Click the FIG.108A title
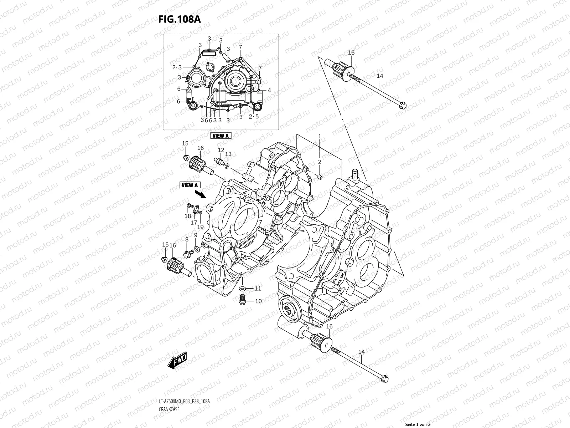179,19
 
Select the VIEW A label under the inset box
221,136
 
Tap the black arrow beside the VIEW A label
201,194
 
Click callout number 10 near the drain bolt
258,301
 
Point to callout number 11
258,288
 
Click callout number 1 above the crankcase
320,136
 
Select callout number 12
221,150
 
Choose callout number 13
228,154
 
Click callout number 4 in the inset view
269,90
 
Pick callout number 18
187,216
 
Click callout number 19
200,227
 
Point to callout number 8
186,239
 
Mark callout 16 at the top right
351,53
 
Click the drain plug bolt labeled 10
242,300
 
